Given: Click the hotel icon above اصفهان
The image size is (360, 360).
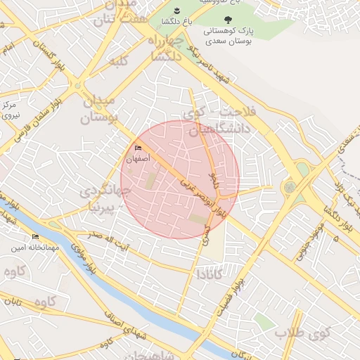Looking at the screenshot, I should [138, 148].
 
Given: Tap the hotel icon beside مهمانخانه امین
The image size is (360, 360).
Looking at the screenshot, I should [36, 236].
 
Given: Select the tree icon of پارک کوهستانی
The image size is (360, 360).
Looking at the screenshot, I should [226, 20].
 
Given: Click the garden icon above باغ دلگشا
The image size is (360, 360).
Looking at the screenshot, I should [176, 11].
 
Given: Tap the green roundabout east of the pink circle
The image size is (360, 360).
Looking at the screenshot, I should [290, 188].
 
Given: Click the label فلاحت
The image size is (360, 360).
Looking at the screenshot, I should [238, 112].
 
